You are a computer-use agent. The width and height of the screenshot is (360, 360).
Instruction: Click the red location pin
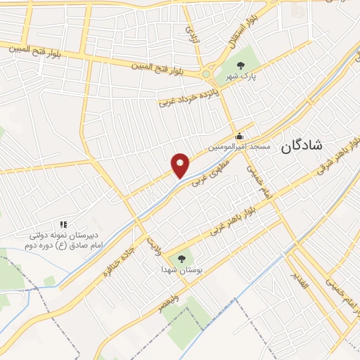[180, 165]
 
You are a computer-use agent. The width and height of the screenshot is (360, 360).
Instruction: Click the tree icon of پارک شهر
[241, 65]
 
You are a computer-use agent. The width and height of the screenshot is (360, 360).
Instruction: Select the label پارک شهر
[237, 77]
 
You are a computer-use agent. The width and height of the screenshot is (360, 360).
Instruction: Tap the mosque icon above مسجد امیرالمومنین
[239, 136]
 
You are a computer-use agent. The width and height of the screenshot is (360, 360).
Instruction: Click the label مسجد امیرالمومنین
[239, 148]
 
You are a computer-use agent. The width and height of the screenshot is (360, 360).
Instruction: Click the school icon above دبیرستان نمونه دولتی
[64, 224]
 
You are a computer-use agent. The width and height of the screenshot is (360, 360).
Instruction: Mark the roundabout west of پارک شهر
[206, 73]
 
